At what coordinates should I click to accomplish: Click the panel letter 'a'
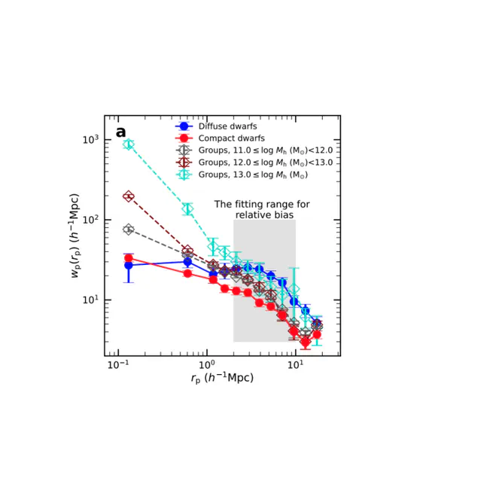coord(120,132)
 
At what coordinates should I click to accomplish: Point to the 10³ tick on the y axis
coord(91,139)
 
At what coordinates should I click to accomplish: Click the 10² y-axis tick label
coord(91,220)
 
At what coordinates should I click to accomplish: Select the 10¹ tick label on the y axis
coord(91,300)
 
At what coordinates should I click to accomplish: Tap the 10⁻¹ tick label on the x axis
coord(118,365)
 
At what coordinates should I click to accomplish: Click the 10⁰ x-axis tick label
coord(207,365)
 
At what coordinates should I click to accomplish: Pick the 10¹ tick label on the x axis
coord(296,365)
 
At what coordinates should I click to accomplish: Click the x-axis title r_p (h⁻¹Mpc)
coord(222,378)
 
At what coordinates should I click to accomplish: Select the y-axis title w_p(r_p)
coord(75,236)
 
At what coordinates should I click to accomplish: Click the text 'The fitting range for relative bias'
coord(262,209)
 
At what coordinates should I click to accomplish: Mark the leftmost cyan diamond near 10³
coord(128,145)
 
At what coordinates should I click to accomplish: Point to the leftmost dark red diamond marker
coord(128,196)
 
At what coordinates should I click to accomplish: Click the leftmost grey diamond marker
coord(128,230)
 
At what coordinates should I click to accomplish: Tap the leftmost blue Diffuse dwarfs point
coord(128,266)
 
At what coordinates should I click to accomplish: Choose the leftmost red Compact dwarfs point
coord(128,258)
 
